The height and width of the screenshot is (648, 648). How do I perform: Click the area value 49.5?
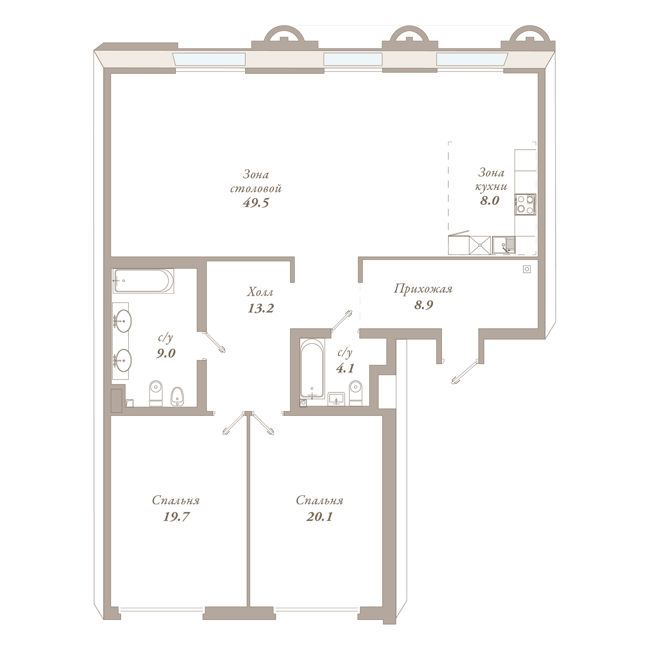[256, 203]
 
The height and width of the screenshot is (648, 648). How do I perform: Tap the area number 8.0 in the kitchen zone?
[489, 200]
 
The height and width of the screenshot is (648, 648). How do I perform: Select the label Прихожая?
[423, 289]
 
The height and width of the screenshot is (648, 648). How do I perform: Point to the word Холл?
[260, 292]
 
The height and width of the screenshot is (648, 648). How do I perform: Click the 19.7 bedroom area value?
[177, 516]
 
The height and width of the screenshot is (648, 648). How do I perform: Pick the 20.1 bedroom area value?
[319, 516]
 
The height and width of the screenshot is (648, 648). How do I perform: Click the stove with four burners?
[525, 204]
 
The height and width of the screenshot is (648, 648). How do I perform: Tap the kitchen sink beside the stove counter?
[504, 245]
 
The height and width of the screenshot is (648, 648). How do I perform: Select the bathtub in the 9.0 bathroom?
[143, 281]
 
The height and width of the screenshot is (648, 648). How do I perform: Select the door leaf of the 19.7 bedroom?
[234, 424]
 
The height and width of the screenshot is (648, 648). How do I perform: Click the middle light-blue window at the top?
[353, 59]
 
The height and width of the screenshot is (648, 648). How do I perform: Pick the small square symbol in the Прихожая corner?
[527, 269]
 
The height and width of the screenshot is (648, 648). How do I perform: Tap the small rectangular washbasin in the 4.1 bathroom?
[336, 399]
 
